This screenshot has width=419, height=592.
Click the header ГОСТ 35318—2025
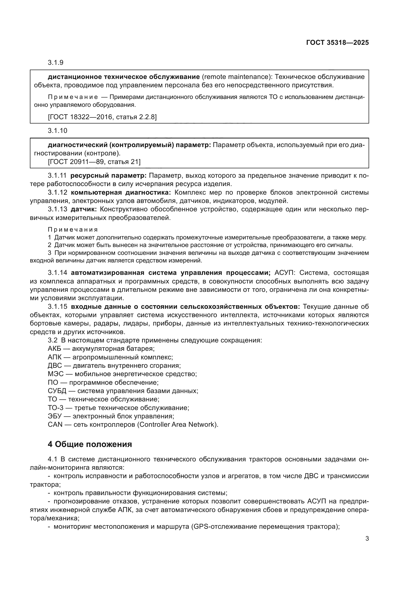(337, 43)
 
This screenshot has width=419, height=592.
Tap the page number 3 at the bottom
(367, 539)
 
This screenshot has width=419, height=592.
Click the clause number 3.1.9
(55, 63)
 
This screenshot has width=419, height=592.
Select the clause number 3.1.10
(57, 131)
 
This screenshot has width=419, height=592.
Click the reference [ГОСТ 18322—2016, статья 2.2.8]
(102, 117)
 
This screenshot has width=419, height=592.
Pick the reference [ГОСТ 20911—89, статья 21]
(94, 162)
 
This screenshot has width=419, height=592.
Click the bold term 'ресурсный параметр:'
(108, 176)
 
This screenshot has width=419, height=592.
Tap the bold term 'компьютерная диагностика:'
(121, 193)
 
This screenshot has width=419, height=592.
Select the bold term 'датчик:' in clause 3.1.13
(84, 209)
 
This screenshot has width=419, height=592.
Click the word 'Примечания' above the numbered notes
(73, 230)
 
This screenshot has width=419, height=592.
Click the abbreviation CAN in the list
(55, 425)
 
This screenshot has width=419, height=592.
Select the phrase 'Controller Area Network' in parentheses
(177, 425)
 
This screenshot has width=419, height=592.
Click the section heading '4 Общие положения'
(90, 444)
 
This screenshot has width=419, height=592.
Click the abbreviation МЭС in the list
(55, 374)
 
